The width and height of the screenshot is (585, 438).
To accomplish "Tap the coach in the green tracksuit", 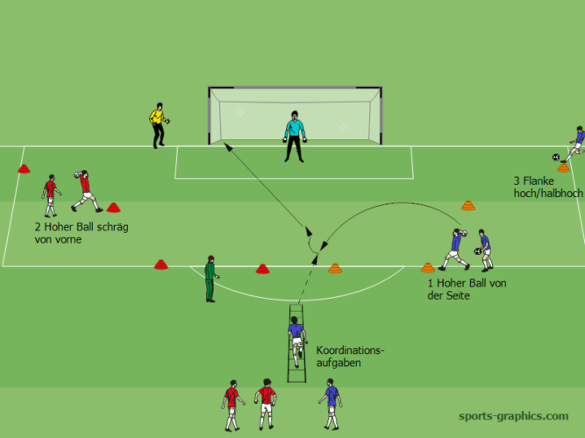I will coord(210,279).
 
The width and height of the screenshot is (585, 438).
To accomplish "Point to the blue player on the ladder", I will coord(296,338).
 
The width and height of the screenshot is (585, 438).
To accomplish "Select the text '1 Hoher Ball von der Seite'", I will coord(467,289).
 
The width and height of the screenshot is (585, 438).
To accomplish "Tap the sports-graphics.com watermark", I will coord(513,416).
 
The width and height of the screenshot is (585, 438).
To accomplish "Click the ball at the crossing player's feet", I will coord(557,158).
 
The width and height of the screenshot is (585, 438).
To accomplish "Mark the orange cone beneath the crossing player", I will coord(563,166).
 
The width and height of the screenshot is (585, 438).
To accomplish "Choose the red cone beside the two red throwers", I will coord(113,208).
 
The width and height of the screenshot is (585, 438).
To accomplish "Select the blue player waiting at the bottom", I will coord(331,404).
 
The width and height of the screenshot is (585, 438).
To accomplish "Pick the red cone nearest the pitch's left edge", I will coord(24,168).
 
